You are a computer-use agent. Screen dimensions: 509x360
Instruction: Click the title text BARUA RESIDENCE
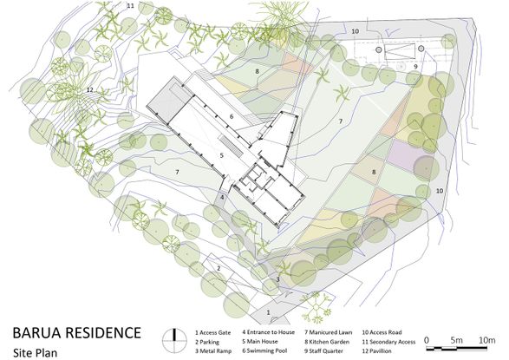[x=77, y=333]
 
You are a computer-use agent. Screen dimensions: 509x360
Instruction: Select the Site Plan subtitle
[x=36, y=352]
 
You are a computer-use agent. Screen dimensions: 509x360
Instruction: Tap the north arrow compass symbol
[x=174, y=341]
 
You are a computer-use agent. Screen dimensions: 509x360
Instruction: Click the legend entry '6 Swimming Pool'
[x=264, y=351]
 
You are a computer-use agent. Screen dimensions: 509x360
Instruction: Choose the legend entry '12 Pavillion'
[x=376, y=351]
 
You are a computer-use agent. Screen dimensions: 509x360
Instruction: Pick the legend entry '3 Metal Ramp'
[x=213, y=351]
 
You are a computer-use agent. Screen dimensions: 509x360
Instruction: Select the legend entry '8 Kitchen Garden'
[x=327, y=342]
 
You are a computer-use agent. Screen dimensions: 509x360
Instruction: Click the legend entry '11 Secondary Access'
[x=388, y=342]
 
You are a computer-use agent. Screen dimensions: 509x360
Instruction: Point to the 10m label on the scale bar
[x=486, y=340]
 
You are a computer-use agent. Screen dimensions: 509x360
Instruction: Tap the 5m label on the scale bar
[x=456, y=340]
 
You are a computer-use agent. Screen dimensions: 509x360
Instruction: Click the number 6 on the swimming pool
[x=232, y=116]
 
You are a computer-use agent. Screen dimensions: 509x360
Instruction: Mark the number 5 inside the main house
[x=222, y=155]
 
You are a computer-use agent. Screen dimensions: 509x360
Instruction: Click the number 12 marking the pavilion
[x=89, y=90]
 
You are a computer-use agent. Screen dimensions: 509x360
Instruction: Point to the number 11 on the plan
[x=130, y=6]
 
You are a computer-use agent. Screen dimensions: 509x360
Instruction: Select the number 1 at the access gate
[x=268, y=312]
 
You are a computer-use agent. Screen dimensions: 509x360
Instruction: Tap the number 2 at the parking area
[x=219, y=268]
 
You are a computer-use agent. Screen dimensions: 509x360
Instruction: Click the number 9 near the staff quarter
[x=415, y=67]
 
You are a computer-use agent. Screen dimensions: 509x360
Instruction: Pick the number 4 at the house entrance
[x=222, y=197]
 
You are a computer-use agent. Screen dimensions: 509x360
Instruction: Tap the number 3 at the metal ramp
[x=277, y=279]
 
